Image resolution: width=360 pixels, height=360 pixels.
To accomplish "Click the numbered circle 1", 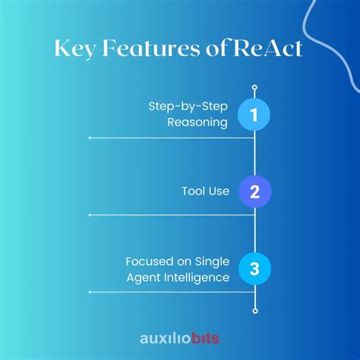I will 255,115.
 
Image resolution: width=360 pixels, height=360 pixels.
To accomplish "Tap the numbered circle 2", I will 255,191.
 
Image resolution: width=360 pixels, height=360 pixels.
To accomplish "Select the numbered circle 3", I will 255,268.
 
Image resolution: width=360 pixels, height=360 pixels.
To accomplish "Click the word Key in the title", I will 76,49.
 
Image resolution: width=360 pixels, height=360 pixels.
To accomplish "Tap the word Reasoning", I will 199,122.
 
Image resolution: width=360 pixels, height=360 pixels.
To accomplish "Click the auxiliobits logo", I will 180,336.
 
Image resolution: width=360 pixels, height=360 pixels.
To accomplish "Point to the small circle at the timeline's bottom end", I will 255,310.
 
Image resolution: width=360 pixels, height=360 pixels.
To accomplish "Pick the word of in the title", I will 226,49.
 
